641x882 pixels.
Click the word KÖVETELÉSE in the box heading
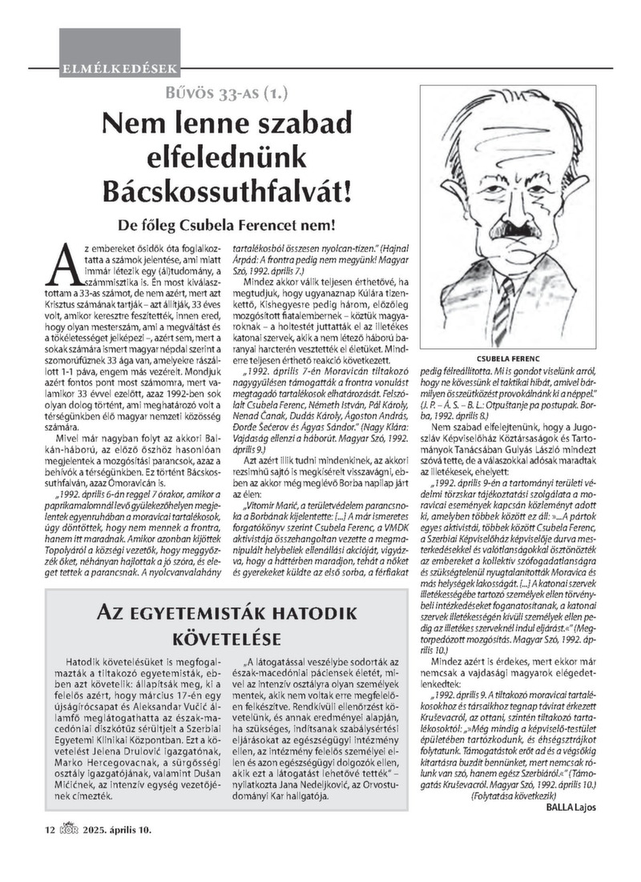point(227,639)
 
